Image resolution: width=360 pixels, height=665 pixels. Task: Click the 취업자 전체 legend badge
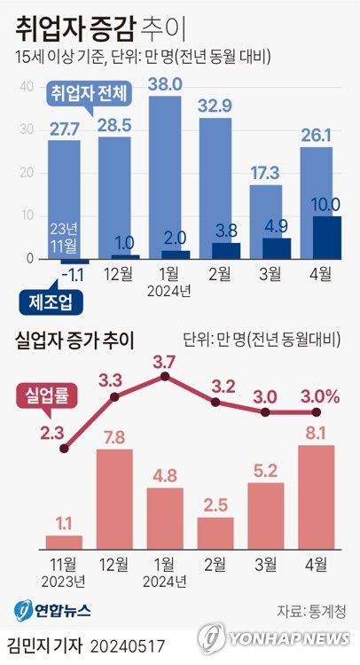(90, 92)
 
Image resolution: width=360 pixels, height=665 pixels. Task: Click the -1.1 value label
(74, 274)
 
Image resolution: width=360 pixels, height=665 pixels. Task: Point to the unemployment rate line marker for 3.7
(165, 377)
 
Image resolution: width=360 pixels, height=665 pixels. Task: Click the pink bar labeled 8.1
(317, 496)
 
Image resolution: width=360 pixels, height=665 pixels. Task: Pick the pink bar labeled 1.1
(64, 541)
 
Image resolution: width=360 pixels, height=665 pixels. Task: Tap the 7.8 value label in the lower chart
(114, 437)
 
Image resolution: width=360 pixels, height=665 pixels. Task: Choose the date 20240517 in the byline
(129, 640)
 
